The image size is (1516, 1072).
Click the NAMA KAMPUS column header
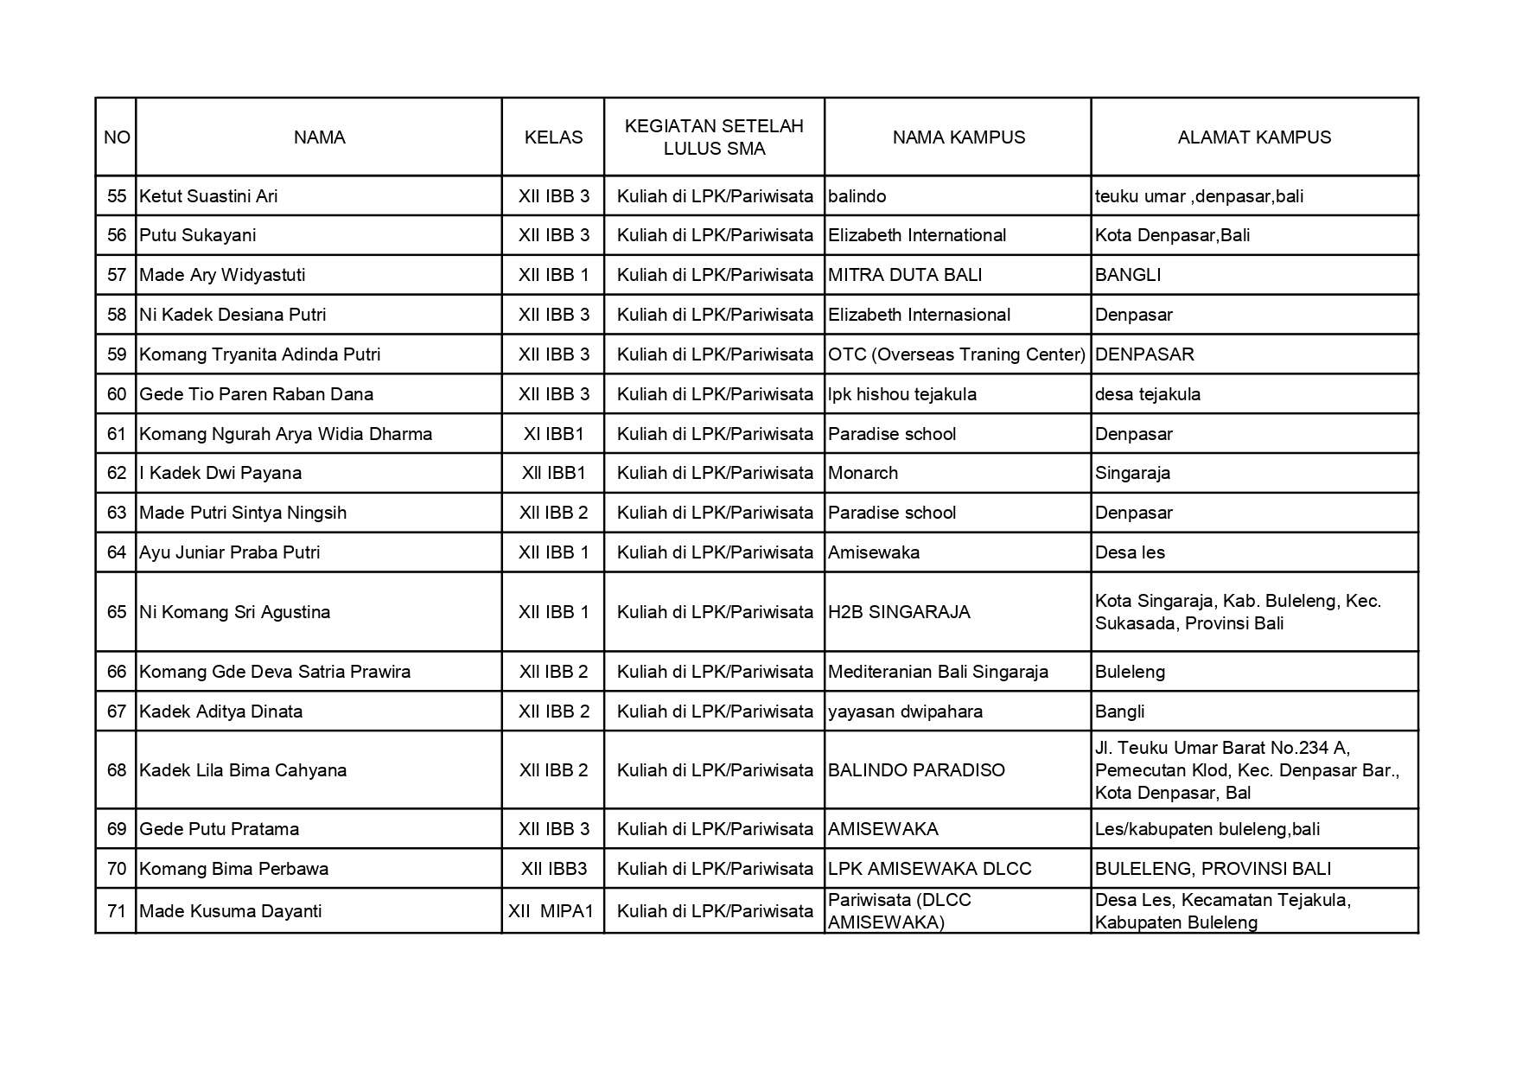[958, 137]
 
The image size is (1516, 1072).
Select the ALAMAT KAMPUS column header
[1253, 137]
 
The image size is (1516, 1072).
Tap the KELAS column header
[553, 137]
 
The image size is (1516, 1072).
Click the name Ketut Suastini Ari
[208, 196]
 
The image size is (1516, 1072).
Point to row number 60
[117, 394]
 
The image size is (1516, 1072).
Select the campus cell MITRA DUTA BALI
[905, 275]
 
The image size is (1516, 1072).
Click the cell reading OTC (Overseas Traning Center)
[956, 354]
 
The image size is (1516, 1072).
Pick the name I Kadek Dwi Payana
[220, 473]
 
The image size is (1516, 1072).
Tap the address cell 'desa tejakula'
[1147, 394]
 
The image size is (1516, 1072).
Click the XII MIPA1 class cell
[553, 911]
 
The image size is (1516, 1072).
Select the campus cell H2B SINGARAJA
[899, 612]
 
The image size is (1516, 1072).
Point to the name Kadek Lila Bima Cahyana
[243, 770]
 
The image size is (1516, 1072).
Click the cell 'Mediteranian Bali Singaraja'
[938, 672]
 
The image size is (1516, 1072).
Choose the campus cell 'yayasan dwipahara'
[905, 711]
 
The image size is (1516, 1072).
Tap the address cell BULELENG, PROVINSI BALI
[1213, 869]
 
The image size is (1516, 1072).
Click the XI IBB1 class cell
[553, 434]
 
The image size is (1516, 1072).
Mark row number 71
[117, 911]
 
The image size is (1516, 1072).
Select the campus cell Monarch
[863, 473]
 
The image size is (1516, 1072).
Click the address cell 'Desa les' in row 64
[1130, 552]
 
